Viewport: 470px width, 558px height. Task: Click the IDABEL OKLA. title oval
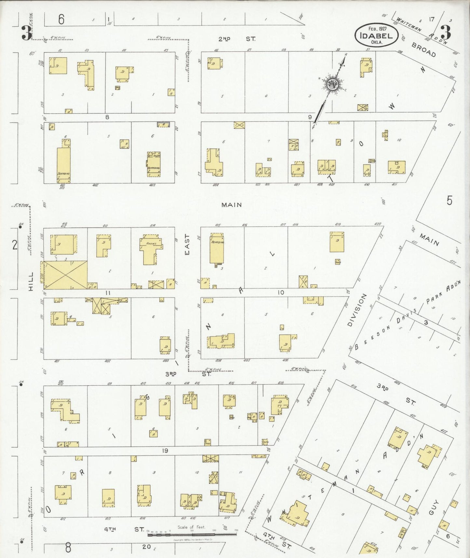coord(376,35)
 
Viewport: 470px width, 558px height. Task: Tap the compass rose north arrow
coord(333,84)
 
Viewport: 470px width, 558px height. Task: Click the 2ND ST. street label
coord(237,39)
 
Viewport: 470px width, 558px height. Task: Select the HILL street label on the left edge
coord(31,282)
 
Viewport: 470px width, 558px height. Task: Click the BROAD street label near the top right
coord(423,49)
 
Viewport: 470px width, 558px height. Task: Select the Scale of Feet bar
coord(192,534)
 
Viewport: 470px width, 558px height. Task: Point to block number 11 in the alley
coord(108,293)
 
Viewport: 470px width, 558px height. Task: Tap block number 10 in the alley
coord(281,293)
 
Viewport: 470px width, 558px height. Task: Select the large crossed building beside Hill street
coord(65,275)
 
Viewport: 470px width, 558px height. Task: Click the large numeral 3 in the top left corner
coord(26,33)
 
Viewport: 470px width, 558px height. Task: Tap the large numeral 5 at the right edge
coord(449,201)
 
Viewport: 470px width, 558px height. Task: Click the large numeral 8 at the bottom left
coord(68,548)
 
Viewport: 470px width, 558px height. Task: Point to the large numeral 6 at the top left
coord(61,20)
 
